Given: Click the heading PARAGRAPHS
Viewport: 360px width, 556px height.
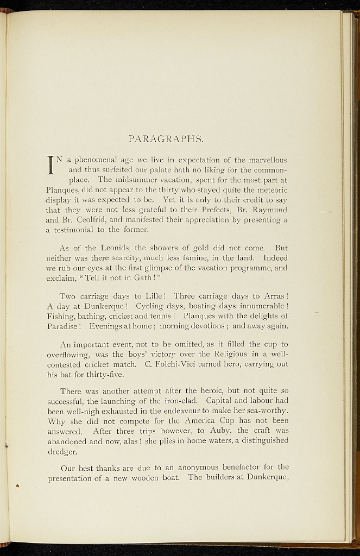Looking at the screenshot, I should pyautogui.click(x=166, y=139).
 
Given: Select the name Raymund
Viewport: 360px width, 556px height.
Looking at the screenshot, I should pyautogui.click(x=269, y=209).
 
